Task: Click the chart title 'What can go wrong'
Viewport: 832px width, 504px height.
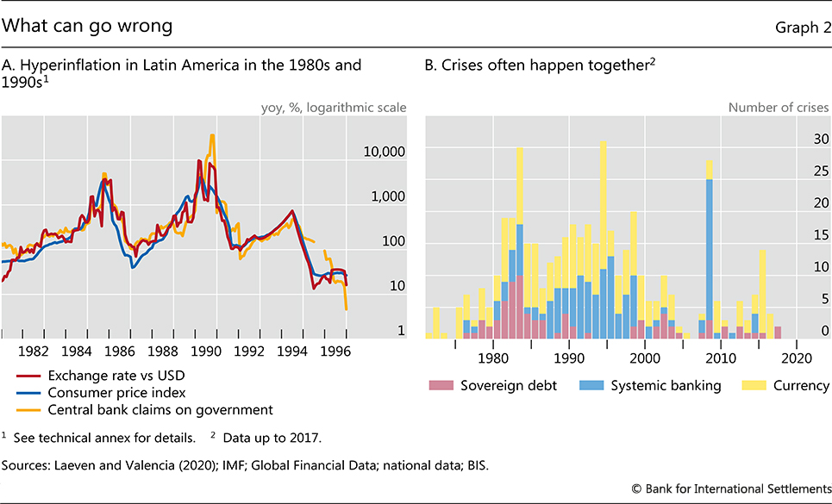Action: [88, 26]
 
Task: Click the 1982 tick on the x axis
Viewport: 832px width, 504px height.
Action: [33, 352]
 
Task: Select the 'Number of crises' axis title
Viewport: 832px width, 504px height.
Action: [779, 108]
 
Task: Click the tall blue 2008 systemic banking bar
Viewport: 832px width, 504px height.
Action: [709, 250]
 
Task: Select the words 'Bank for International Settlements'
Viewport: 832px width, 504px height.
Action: [741, 488]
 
